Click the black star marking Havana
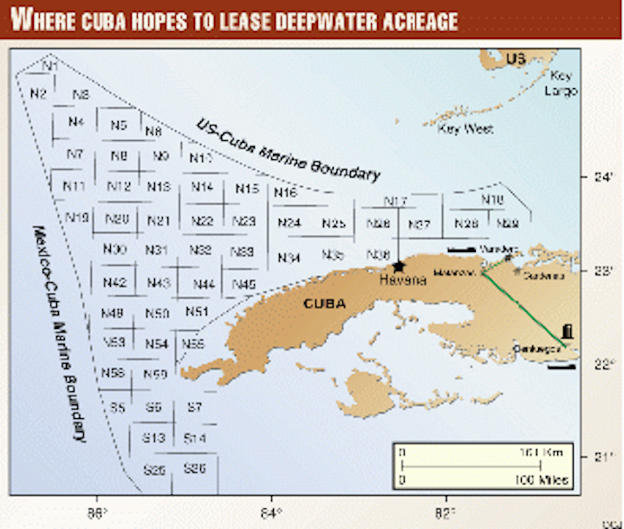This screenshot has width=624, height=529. [399, 267]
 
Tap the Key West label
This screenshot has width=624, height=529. [465, 129]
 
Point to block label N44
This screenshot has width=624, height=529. [205, 284]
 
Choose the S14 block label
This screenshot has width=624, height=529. [195, 438]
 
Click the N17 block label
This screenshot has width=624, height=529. [395, 202]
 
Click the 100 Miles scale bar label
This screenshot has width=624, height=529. [543, 479]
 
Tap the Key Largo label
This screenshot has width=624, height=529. [556, 82]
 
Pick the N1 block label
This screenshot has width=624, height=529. [50, 67]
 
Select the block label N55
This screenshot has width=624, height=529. [193, 344]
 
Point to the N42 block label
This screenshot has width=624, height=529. [114, 283]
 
